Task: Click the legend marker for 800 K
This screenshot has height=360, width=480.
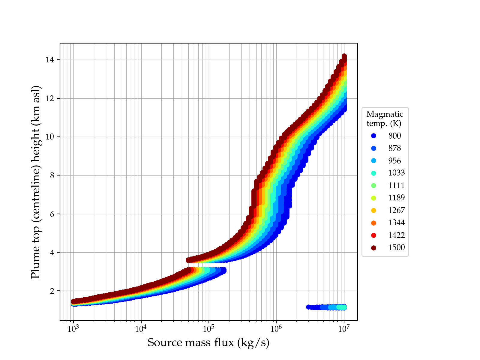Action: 373,136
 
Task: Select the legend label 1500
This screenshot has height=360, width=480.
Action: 396,247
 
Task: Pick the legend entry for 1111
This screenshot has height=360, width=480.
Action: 396,185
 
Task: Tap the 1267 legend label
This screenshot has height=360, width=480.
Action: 396,210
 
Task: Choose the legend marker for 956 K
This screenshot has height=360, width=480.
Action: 373,161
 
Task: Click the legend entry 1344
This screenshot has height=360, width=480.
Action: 396,223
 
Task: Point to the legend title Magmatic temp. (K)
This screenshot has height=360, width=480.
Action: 385,118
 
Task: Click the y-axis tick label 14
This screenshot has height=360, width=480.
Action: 50,60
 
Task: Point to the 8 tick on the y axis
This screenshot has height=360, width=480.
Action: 52,175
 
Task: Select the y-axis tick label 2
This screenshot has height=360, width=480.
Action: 52,291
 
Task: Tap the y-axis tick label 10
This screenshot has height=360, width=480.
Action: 50,137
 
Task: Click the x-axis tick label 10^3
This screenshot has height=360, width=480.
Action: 73,329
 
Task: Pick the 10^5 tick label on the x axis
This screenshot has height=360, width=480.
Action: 208,329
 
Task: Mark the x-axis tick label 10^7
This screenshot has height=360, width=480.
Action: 344,329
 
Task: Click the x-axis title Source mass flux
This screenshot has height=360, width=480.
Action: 208,343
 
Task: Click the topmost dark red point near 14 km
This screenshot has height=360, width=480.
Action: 344,56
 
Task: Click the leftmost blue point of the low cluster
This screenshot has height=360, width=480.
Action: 308,307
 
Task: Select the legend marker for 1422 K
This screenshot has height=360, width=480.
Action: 373,235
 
